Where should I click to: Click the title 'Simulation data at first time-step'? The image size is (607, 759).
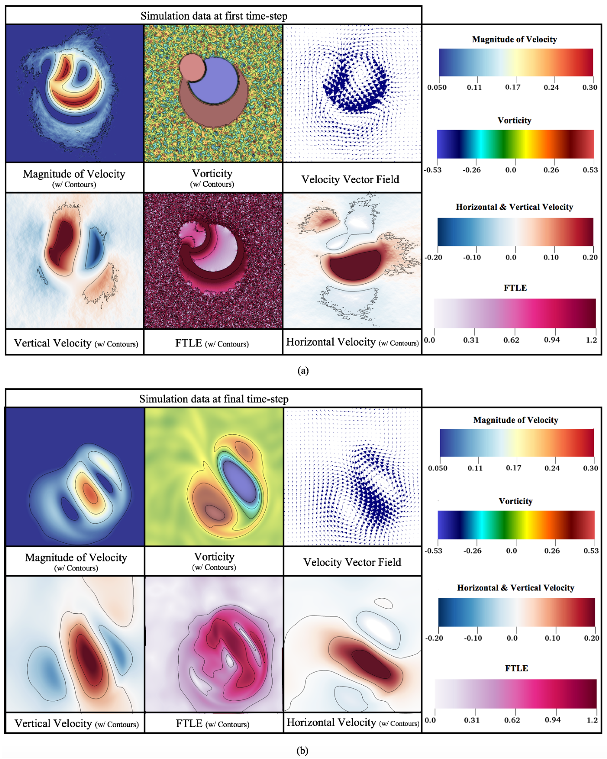click(214, 16)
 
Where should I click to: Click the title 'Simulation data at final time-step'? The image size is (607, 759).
click(214, 399)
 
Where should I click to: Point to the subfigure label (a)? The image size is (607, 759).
click(303, 371)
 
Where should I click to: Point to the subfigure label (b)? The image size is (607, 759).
click(302, 750)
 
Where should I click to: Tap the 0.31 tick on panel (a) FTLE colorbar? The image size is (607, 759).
click(471, 340)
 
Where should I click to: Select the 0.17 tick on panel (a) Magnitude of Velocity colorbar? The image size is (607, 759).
click(513, 87)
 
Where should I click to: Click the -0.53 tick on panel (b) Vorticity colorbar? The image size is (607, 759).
click(433, 550)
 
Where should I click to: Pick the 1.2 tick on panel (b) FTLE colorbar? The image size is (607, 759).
click(592, 720)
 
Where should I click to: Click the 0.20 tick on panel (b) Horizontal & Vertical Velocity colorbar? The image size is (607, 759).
click(592, 638)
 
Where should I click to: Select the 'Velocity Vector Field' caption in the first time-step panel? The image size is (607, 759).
click(350, 179)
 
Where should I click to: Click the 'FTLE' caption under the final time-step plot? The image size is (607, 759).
click(189, 723)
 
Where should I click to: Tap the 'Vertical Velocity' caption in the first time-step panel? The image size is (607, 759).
click(53, 343)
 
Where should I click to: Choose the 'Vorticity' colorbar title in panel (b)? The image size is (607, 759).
click(515, 501)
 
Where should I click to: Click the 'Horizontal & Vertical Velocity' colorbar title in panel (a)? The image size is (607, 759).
click(514, 207)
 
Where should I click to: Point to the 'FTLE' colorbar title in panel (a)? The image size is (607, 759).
click(515, 288)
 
